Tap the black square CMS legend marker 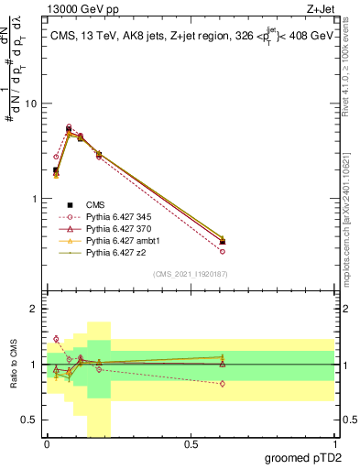click(70, 204)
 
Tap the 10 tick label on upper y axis click(31, 104)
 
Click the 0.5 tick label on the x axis click(191, 444)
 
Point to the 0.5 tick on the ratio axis click(30, 420)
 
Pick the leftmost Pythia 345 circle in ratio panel click(56, 339)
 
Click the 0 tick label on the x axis click(47, 444)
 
